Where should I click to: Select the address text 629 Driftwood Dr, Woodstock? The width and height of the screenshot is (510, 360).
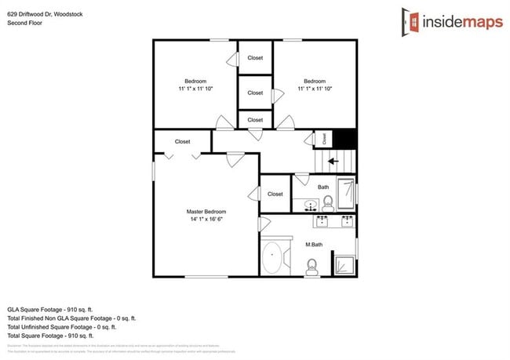click(46, 12)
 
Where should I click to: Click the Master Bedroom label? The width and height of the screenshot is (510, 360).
click(206, 212)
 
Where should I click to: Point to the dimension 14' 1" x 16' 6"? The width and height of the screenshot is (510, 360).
click(206, 220)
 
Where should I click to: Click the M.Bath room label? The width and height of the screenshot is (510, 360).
click(313, 245)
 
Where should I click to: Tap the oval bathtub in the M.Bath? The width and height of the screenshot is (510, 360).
click(274, 258)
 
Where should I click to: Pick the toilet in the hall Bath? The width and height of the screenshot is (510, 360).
click(328, 203)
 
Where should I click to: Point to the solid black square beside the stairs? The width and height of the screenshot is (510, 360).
click(346, 139)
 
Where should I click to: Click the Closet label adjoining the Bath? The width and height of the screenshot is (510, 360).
click(275, 194)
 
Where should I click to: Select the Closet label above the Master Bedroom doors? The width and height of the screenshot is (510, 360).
click(182, 142)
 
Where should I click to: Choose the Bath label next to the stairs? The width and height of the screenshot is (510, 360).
click(323, 187)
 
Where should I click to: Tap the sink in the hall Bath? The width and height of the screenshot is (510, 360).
click(311, 207)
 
